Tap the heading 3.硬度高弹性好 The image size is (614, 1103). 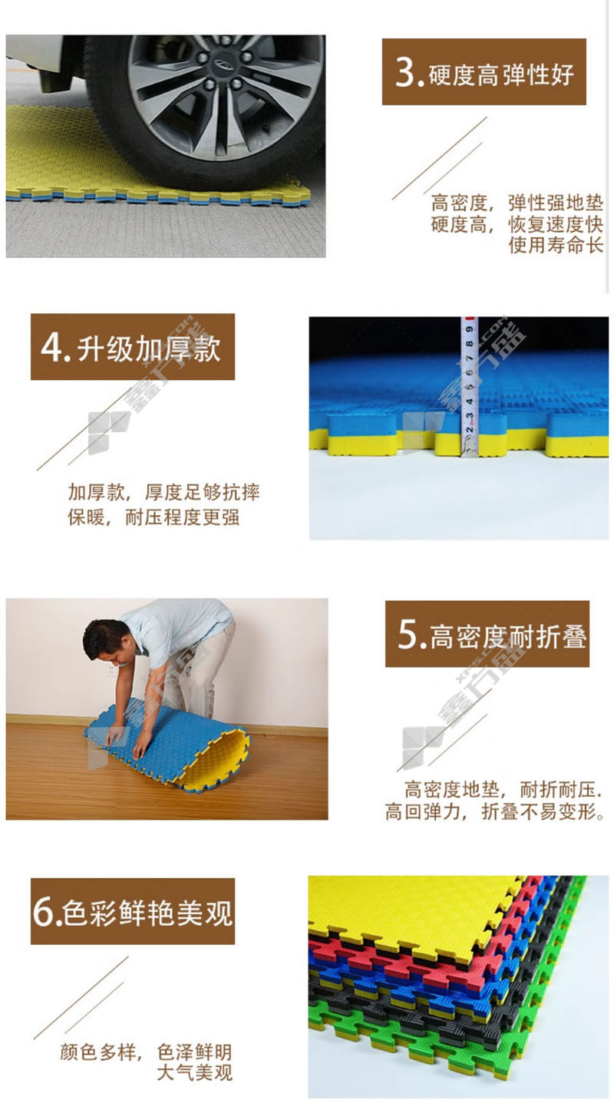(484, 72)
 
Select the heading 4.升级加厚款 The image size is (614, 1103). (131, 348)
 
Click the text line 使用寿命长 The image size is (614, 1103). (556, 245)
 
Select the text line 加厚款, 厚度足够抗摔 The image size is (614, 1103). (164, 492)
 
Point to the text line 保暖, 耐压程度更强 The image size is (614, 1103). (153, 517)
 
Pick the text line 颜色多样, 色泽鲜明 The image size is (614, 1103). (146, 1052)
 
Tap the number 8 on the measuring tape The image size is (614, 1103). (469, 343)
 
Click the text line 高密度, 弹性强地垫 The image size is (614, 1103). (517, 203)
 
